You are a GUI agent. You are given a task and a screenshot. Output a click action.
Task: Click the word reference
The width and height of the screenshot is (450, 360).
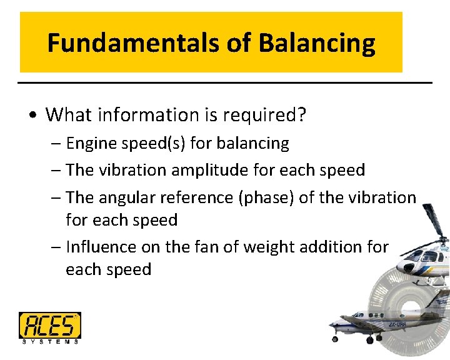pyautogui.click(x=196, y=197)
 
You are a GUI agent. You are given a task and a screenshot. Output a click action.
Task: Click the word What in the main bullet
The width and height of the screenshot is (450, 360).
pyautogui.click(x=64, y=114)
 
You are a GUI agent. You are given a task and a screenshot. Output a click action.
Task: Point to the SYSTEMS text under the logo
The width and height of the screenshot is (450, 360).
pyautogui.click(x=49, y=341)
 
